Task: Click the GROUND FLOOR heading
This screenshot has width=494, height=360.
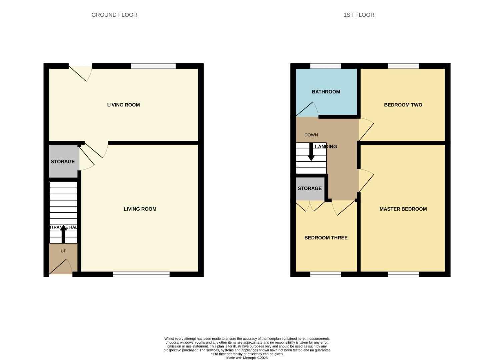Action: (x=114, y=15)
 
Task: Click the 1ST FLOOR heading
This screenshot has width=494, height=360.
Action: (x=359, y=15)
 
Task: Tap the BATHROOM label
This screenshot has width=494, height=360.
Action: (x=326, y=92)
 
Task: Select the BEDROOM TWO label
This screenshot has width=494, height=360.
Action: (x=403, y=105)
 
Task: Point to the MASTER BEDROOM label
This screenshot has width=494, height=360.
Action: (x=403, y=209)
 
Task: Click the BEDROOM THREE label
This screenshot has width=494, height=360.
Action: (x=326, y=238)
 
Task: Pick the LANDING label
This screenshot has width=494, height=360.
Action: (x=326, y=146)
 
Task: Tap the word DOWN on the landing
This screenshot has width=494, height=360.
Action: (x=311, y=135)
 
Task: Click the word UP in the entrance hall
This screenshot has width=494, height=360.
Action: (x=63, y=251)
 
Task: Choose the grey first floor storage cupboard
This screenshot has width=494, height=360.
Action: (x=310, y=188)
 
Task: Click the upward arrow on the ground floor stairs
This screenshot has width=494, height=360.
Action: (x=63, y=233)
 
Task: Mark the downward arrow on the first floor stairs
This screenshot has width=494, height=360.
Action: (x=311, y=153)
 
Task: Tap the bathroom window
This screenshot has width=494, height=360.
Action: (x=326, y=66)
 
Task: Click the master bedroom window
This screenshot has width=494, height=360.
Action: (x=403, y=274)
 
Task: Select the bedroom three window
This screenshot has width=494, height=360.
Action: (x=326, y=274)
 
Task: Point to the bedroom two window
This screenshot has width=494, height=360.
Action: (x=403, y=66)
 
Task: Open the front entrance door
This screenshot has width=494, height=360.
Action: (x=61, y=267)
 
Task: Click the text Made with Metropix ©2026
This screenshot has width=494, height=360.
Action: (x=247, y=358)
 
